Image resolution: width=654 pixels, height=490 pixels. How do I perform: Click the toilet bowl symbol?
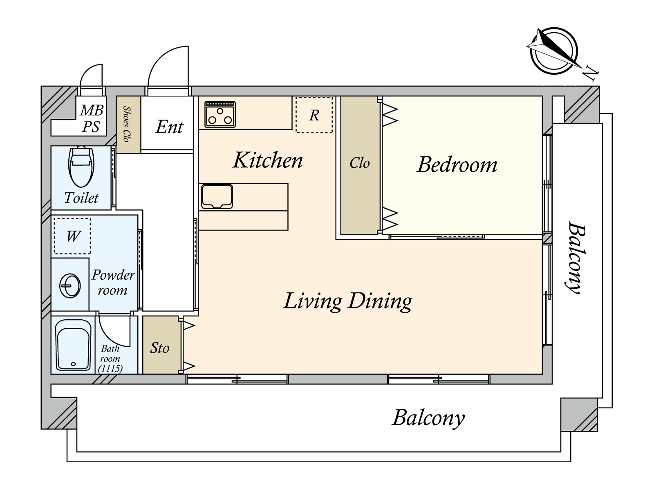pos(81,167)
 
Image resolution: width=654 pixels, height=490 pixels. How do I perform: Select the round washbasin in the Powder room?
pos(70,285)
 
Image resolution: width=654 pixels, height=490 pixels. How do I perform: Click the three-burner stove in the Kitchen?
pos(220,114)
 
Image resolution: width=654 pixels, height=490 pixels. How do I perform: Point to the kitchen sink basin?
pos(217,197)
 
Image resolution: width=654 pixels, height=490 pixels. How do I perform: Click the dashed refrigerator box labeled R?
pos(314,115)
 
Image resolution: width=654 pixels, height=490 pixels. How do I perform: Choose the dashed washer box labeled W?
pos(72,236)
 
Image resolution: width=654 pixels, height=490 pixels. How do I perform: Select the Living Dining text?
pos(347,301)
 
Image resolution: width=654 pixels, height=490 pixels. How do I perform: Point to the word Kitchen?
pos(267,160)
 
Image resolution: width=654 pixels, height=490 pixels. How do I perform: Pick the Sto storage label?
pos(160,347)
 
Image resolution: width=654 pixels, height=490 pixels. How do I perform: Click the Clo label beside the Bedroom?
pos(360,163)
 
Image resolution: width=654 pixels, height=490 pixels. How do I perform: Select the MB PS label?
pos(92,118)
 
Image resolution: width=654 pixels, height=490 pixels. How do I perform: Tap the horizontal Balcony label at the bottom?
pos(428,418)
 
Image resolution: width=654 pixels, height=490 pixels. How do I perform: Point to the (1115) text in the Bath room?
pos(110,369)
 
